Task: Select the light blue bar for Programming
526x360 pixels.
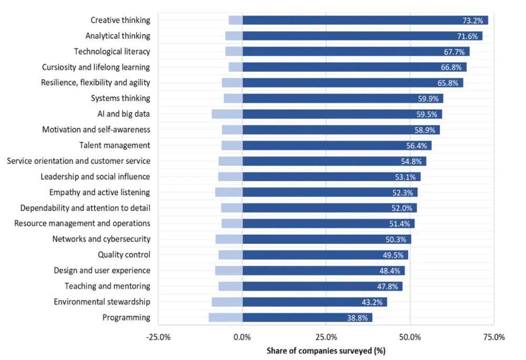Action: (x=226, y=317)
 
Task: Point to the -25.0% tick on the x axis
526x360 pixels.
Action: (x=158, y=337)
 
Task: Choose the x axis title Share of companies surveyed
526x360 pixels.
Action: (x=326, y=351)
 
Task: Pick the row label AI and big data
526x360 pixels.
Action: (x=120, y=114)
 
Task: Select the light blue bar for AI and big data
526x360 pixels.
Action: (x=227, y=114)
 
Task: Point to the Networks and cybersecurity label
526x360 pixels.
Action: (x=101, y=239)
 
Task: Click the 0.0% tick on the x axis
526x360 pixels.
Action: (x=242, y=337)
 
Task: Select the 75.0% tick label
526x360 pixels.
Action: (x=493, y=337)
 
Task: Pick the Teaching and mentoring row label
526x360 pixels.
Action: (x=107, y=286)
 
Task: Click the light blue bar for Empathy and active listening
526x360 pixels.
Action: (x=229, y=192)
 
